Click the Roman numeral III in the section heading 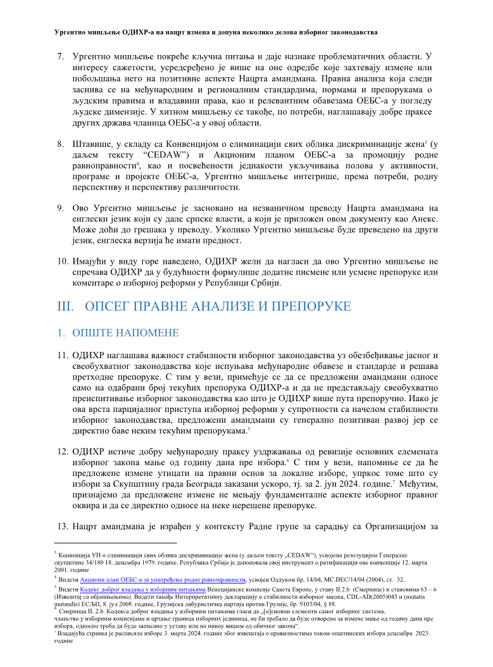(x=66, y=306)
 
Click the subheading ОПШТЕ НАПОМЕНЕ (x=125, y=333)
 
